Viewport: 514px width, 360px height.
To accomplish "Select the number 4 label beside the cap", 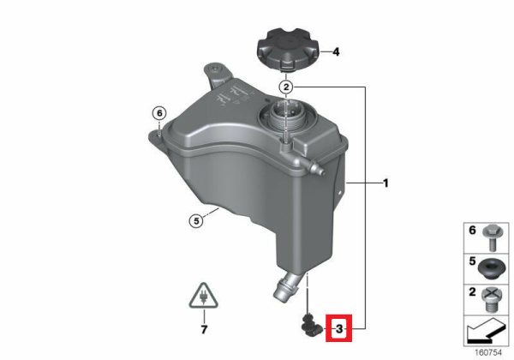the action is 336,51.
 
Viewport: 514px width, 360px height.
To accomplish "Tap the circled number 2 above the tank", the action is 286,87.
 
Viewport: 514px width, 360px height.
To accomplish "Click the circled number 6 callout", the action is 159,113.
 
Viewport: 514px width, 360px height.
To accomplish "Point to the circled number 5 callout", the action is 196,221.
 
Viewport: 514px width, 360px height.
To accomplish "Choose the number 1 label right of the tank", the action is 385,183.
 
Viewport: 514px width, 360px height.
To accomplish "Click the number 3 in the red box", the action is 339,328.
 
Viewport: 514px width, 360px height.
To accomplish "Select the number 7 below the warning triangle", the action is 204,329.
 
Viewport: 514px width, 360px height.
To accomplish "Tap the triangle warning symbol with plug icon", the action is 204,296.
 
